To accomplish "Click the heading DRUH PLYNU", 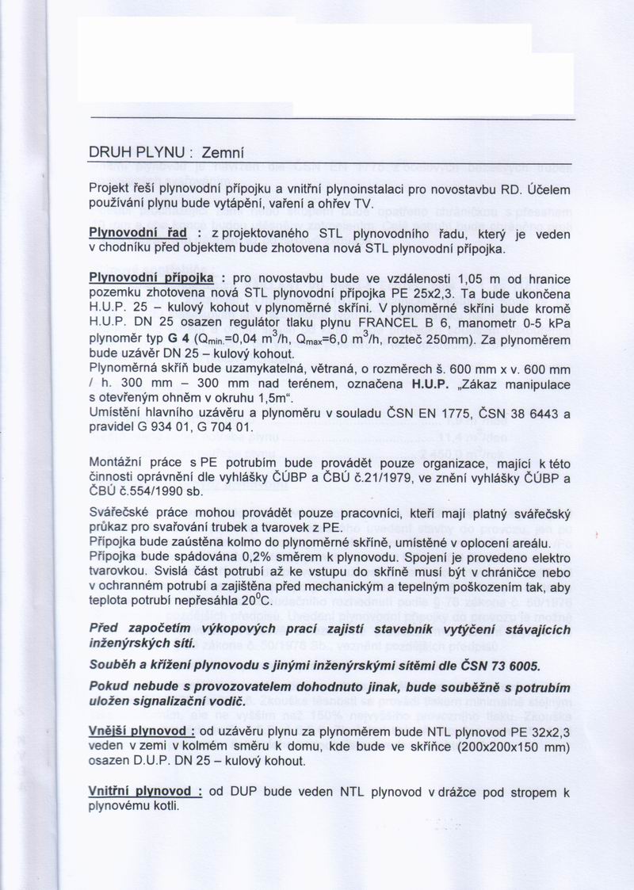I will pos(136,152).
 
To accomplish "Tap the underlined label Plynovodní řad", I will pos(136,235).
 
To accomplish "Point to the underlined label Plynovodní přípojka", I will pos(151,280).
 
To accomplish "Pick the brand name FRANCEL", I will pos(387,324).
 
